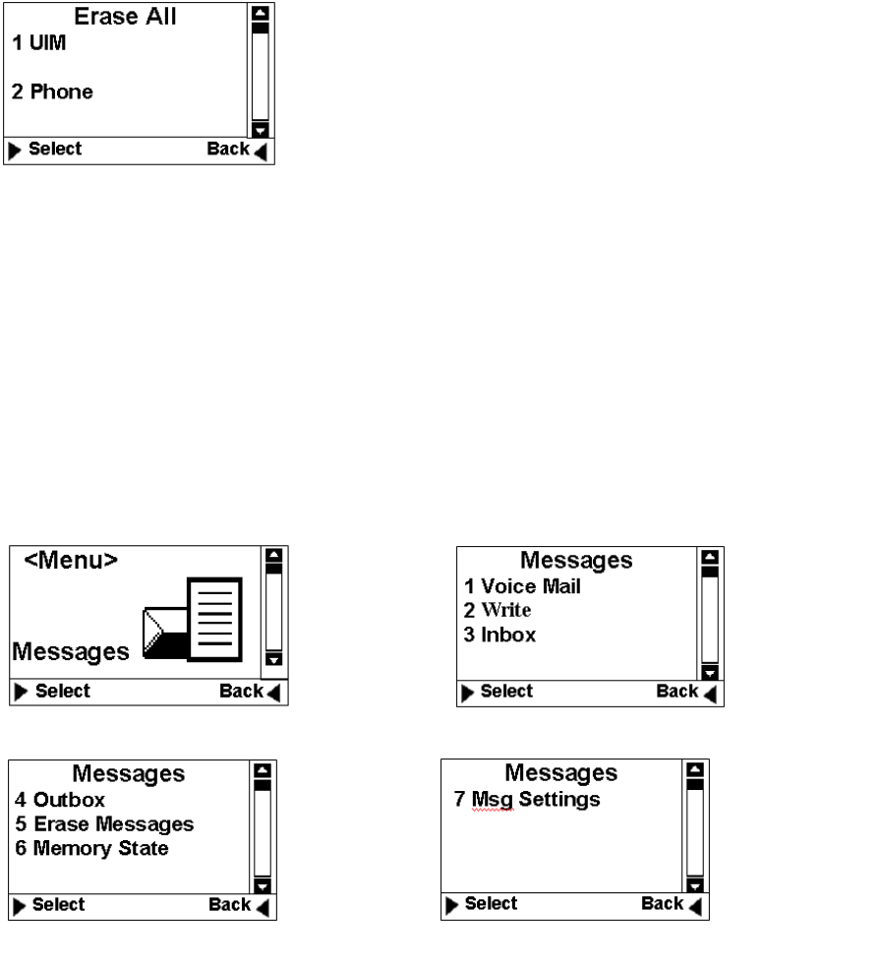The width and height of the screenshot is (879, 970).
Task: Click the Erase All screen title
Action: [x=126, y=17]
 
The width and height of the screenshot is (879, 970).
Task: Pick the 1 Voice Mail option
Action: [x=523, y=587]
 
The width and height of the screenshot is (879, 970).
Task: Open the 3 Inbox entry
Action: [x=500, y=635]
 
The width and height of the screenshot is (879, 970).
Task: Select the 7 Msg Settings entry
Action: [x=522, y=799]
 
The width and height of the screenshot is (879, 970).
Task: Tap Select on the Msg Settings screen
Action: [x=489, y=903]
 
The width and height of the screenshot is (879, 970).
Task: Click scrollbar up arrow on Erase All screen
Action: [x=261, y=14]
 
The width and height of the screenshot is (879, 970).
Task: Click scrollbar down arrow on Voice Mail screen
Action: [x=707, y=673]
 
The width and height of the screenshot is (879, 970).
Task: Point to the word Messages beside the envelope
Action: [x=71, y=651]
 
